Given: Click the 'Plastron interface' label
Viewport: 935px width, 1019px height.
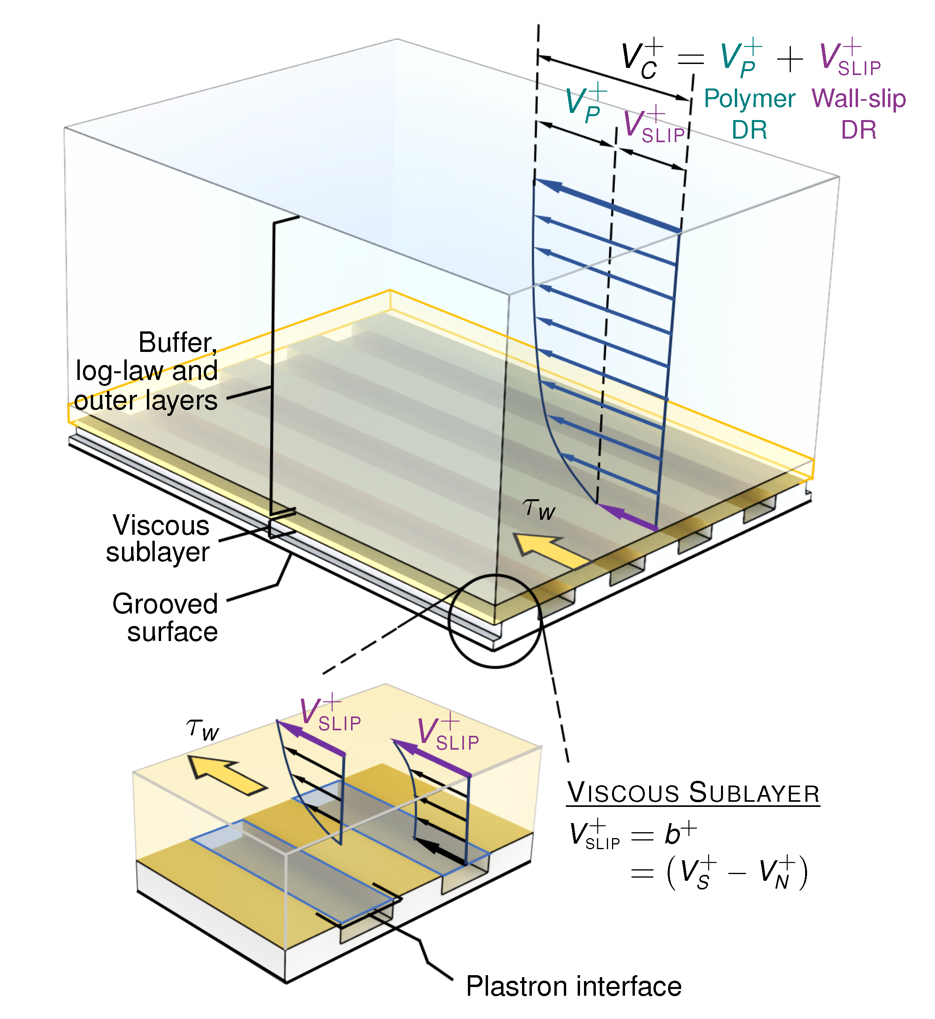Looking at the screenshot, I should tap(573, 986).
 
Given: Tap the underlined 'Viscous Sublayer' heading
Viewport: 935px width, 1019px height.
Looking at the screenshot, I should tap(693, 793).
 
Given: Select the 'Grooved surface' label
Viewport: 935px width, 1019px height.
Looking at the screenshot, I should tap(165, 618).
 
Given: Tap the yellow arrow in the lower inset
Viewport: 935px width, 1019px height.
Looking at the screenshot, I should tap(225, 775).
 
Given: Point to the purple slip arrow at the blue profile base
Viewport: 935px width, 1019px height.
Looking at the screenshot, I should tap(627, 517).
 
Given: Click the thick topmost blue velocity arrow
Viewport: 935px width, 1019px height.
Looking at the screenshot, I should tap(607, 205).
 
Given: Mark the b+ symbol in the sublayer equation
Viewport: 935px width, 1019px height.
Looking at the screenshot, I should tap(680, 834).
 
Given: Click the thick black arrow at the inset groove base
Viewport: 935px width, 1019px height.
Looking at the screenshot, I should tap(441, 852).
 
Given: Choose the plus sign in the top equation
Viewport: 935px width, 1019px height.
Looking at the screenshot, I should tap(789, 60).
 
